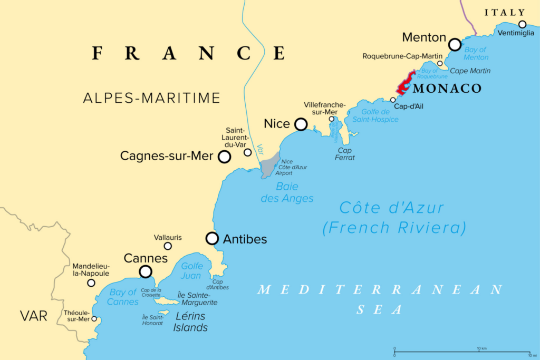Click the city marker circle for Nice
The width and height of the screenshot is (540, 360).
[301, 124]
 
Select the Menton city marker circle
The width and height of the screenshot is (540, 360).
[455, 44]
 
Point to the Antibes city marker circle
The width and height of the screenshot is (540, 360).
[212, 238]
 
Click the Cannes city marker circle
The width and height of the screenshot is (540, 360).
[145, 271]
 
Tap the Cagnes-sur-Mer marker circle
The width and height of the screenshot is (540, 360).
[224, 157]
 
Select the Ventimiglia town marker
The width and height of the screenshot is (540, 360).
[522, 24]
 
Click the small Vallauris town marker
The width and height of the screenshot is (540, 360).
[168, 246]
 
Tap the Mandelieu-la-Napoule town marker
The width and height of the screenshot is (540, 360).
[91, 283]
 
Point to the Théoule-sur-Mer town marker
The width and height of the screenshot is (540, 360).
[94, 318]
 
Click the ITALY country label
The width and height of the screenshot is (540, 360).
[505, 13]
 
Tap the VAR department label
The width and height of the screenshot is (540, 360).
[34, 316]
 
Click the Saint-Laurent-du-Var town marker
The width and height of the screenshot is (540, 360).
[247, 152]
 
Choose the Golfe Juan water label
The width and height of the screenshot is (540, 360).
[191, 271]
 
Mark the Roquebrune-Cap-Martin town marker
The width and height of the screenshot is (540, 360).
[440, 63]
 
